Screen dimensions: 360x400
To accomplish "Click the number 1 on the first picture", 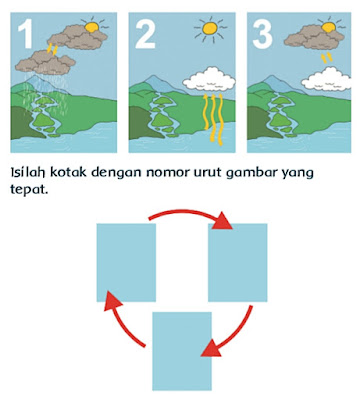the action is point(25,33).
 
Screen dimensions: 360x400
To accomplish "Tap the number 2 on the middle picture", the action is point(145,33).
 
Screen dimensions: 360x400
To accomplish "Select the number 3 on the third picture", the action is point(263,33).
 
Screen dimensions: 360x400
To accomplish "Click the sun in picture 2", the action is point(210,29).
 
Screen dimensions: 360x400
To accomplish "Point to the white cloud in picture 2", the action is point(209,79).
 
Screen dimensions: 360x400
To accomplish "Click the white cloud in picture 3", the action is point(327,79).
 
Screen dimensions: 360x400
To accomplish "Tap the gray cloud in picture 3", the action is point(313,37).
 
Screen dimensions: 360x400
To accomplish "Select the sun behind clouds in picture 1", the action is point(92,26).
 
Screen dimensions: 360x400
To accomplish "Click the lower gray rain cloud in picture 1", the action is point(45,62).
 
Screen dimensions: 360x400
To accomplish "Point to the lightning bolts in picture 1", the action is point(52,49).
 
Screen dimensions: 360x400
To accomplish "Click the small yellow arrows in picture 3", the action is point(327,57).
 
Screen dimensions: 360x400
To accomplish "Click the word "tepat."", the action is point(29,189).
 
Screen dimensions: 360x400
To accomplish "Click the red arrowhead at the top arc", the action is point(222,221).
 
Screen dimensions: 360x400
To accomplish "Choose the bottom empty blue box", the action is point(182,351).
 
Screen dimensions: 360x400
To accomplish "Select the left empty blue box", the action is point(126,263).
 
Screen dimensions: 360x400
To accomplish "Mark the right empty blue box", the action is point(238,263).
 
